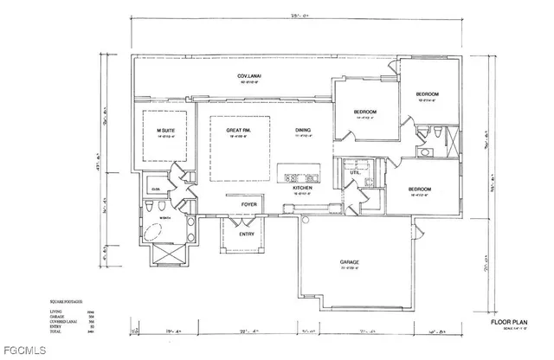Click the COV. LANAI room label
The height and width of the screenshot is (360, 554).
(251, 78)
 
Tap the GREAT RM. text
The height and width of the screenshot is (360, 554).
(238, 131)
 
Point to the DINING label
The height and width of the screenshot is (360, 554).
(303, 131)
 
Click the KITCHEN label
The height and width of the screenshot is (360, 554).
(301, 188)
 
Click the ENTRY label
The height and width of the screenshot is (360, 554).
(247, 234)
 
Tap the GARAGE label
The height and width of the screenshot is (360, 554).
(350, 262)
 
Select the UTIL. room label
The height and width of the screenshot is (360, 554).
(355, 172)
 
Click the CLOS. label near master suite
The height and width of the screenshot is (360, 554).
(158, 189)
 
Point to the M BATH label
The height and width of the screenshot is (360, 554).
(164, 217)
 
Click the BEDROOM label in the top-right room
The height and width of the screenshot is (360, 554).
(428, 93)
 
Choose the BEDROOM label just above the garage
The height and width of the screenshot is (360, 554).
(422, 189)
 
